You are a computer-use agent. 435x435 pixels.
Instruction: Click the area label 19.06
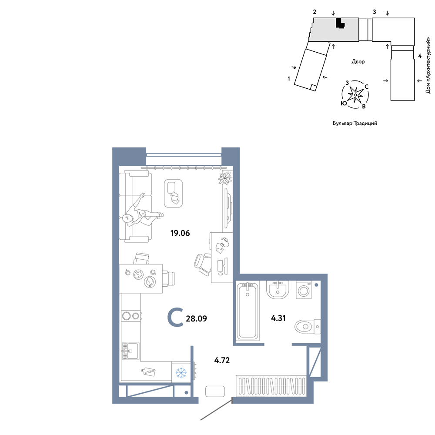pyautogui.click(x=180, y=233)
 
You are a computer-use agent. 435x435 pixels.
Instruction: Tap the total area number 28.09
pyautogui.click(x=196, y=318)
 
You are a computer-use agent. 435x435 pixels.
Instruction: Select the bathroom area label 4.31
pyautogui.click(x=278, y=318)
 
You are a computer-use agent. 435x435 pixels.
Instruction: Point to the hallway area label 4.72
pyautogui.click(x=222, y=360)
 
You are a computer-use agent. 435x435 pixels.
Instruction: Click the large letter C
pyautogui.click(x=175, y=318)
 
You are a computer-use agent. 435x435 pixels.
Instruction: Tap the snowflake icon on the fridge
pyautogui.click(x=181, y=373)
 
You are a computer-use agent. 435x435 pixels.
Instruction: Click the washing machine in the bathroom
pyautogui.click(x=304, y=290)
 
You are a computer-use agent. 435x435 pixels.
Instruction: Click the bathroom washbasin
pyautogui.click(x=278, y=290)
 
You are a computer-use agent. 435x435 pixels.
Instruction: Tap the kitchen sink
pyautogui.click(x=130, y=351)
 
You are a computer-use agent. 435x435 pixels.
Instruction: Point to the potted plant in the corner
pyautogui.click(x=225, y=178)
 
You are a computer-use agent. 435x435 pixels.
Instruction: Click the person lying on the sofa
pyautogui.click(x=141, y=212)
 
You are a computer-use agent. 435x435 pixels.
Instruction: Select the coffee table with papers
pyautogui.click(x=173, y=193)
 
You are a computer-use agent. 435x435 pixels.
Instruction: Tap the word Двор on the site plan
pyautogui.click(x=358, y=62)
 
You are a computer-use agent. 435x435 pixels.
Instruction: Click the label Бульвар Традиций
pyautogui.click(x=355, y=123)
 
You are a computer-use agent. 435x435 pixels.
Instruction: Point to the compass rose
pyautogui.click(x=355, y=94)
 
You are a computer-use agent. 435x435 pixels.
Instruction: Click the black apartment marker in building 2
pyautogui.click(x=340, y=23)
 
